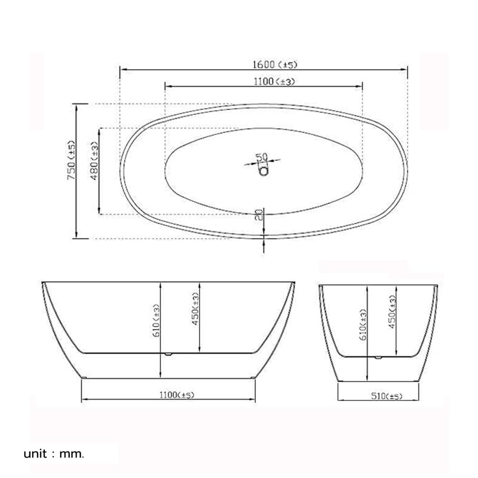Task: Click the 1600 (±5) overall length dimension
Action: point(275,65)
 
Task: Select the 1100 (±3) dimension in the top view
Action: point(274,81)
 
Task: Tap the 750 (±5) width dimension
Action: point(71,160)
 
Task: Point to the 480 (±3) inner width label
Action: point(95,161)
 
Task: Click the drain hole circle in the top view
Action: point(264,171)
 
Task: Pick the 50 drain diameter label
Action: point(261,157)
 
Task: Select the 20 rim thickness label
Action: point(259,215)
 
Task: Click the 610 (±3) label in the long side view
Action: point(156,320)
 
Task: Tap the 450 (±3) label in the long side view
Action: point(195,308)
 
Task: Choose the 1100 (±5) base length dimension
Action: point(177,395)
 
